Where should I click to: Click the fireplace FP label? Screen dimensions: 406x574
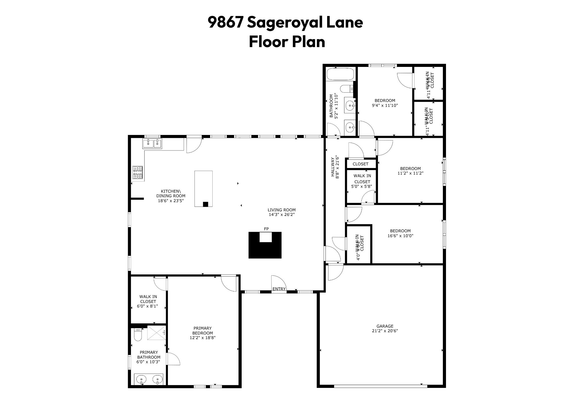pos(266,229)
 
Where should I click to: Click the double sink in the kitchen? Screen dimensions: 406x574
pos(152,143)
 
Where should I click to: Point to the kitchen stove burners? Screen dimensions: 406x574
pos(137,172)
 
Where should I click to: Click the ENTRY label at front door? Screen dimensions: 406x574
pos(279,289)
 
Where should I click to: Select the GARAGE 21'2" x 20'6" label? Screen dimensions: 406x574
pos(385,328)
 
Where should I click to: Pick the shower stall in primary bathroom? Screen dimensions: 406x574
pos(156,332)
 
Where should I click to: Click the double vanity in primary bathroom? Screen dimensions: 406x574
pos(149,380)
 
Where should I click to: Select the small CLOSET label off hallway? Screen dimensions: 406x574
pos(360,164)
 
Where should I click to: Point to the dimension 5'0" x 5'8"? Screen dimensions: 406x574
pos(362,186)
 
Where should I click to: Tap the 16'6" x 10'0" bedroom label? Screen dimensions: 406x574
pos(400,233)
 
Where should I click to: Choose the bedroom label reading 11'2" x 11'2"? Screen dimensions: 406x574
pos(410,171)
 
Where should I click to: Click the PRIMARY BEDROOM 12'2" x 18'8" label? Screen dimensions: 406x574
pos(202,333)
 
